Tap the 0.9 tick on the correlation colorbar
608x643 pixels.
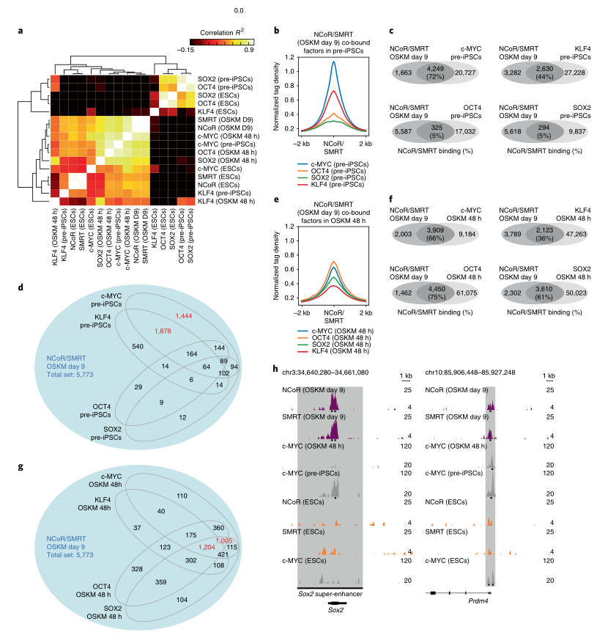(x=250, y=52)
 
